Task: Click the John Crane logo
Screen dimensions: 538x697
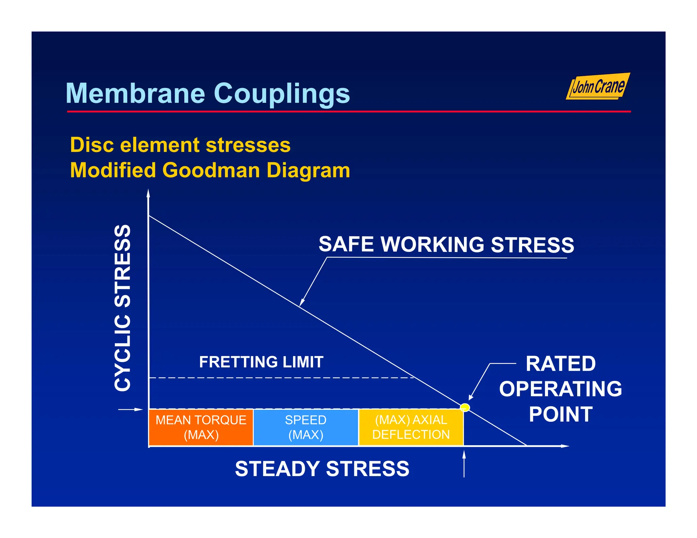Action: (598, 86)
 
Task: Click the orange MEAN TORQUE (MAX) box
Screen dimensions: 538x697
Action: (201, 427)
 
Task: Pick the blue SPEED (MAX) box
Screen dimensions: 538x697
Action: (306, 427)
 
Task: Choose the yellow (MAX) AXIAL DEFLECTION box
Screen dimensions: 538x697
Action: (411, 427)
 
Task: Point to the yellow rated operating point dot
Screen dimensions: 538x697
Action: (465, 407)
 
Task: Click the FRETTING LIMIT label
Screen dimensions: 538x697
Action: (261, 362)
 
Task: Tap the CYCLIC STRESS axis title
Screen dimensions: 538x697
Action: (123, 308)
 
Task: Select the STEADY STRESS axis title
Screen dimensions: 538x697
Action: (322, 469)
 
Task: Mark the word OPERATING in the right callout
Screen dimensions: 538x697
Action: (560, 389)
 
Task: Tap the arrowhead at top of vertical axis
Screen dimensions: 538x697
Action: (148, 194)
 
